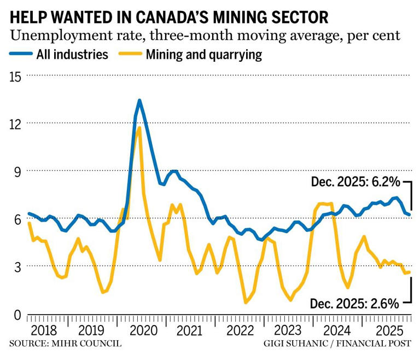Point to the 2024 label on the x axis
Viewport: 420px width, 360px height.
coord(337,331)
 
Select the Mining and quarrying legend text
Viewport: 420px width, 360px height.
coord(203,55)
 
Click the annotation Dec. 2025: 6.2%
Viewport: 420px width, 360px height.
coord(355,182)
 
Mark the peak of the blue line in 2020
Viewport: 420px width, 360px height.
coord(139,100)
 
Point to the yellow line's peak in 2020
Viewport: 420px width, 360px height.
coord(139,127)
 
